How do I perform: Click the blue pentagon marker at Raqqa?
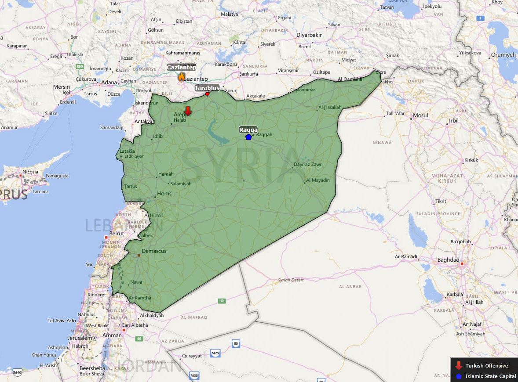248,137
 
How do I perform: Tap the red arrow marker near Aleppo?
188,110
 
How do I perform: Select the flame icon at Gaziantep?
181,77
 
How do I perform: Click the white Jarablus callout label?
207,88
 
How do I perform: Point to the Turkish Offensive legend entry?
486,366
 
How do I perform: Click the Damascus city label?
154,251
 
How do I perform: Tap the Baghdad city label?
448,260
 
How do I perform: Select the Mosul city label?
420,115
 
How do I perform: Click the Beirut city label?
117,234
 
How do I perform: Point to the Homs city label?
164,194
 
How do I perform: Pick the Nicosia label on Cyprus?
30,172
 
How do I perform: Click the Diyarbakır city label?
309,35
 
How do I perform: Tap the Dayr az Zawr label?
308,165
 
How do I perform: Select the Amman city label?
112,335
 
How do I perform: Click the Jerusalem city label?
80,338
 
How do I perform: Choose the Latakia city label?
128,151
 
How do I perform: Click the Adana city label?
109,82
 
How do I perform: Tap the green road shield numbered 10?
222,301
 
